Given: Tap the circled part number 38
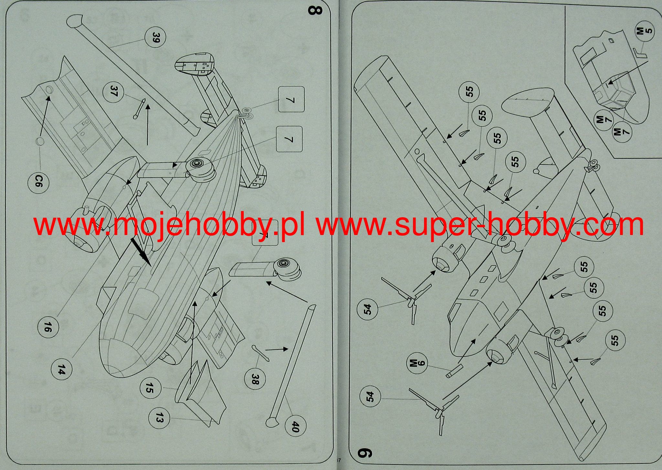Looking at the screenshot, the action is pos(255,379).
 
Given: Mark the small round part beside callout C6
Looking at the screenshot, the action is pos(40,141).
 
